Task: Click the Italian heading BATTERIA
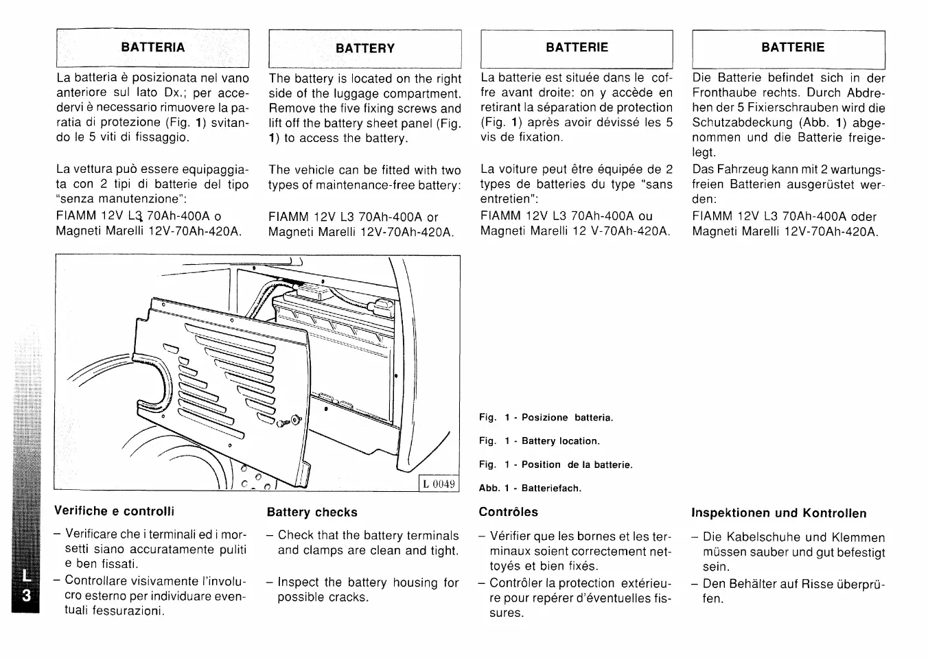tap(152, 47)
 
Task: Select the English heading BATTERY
tap(365, 49)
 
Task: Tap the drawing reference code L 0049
tap(439, 484)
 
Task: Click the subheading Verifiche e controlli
tap(115, 511)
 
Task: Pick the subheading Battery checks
tap(312, 512)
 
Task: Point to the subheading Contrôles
tap(508, 512)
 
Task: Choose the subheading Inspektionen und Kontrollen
tap(778, 513)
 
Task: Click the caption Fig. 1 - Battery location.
tap(539, 441)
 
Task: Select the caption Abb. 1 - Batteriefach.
tap(530, 488)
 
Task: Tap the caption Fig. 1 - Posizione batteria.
tap(546, 418)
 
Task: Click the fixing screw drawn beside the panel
tap(289, 421)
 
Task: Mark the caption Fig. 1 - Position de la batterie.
tap(555, 465)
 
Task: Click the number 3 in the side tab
tap(26, 596)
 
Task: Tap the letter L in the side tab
tap(26, 578)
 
